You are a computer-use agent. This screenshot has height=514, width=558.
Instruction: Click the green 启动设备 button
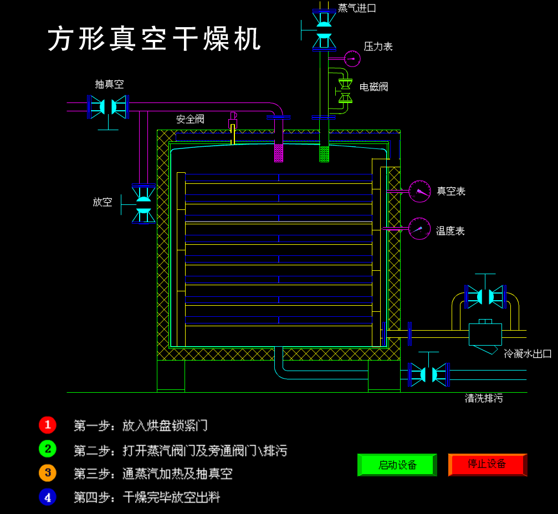tap(397, 465)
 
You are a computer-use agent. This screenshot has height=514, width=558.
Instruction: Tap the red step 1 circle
tap(48, 425)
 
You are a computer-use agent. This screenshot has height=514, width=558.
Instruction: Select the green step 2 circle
tap(48, 449)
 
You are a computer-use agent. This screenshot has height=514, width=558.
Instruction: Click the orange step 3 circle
tap(48, 472)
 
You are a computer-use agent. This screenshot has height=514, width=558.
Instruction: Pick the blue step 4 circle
tap(48, 497)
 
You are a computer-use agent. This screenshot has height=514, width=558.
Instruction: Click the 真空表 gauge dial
tap(419, 191)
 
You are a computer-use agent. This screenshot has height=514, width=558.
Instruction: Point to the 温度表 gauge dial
tap(419, 228)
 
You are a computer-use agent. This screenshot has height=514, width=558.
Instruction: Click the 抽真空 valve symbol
tap(109, 106)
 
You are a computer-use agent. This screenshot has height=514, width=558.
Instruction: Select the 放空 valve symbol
tap(144, 204)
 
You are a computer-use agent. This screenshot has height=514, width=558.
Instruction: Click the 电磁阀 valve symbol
tap(345, 91)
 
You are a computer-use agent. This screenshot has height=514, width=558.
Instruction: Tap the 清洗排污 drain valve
tap(428, 374)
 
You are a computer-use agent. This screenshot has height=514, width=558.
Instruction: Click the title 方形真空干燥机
tap(155, 39)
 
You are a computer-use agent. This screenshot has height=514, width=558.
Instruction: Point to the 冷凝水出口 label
tap(528, 353)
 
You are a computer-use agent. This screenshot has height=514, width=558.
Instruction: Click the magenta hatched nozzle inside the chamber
tap(279, 153)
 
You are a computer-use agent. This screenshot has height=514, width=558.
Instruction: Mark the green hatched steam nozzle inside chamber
tap(324, 153)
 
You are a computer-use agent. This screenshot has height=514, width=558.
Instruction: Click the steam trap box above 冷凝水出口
tap(485, 334)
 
